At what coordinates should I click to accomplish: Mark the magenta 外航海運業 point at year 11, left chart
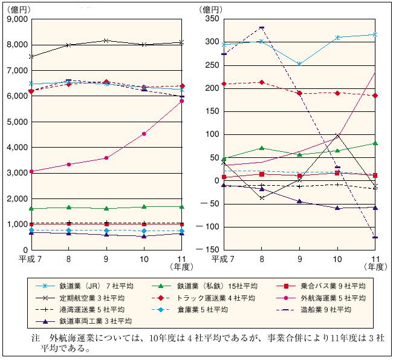(181, 101)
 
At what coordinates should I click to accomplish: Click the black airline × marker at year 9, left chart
(106, 41)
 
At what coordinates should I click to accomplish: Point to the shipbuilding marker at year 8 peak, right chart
(262, 27)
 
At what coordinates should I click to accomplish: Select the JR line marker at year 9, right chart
(299, 64)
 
